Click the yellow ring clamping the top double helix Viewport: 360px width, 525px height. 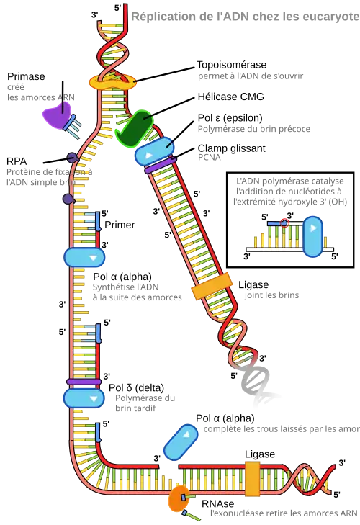(x=112, y=82)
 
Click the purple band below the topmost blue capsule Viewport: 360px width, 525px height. (x=156, y=169)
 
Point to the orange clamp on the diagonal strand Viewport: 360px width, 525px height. (x=211, y=287)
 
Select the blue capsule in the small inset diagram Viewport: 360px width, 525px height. (x=312, y=235)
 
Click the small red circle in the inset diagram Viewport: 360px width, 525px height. (x=284, y=223)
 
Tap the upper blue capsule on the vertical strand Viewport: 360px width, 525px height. (x=84, y=257)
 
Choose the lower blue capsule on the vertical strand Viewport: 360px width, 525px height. (x=84, y=398)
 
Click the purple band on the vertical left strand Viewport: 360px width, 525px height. (x=84, y=382)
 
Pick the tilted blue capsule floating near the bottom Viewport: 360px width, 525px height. (x=181, y=440)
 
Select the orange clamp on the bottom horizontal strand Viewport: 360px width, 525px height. (x=253, y=479)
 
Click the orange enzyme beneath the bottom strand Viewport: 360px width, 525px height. (x=177, y=498)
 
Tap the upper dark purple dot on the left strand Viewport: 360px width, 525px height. (x=72, y=156)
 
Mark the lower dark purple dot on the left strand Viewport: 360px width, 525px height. (x=68, y=198)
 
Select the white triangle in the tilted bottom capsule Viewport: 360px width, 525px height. (x=186, y=434)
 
